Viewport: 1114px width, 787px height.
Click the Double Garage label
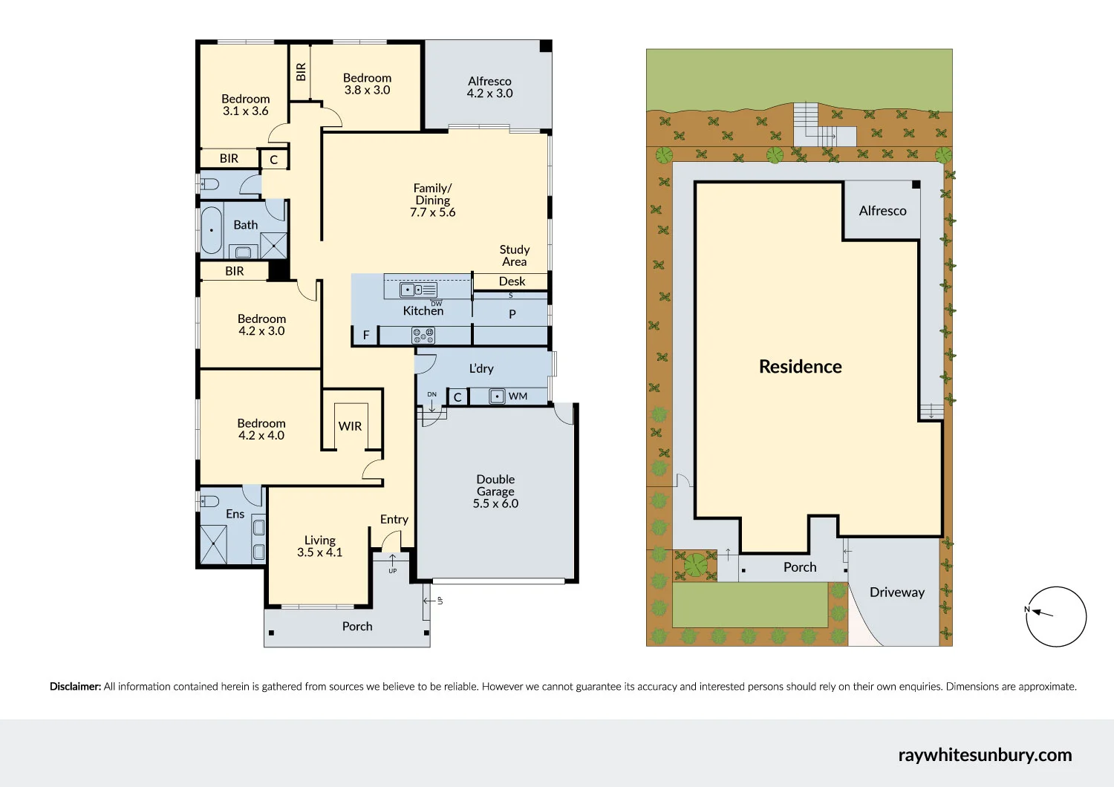[x=495, y=491]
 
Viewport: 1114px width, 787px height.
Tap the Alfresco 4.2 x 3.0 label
[x=489, y=87]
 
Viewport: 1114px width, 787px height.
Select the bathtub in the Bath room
[x=212, y=230]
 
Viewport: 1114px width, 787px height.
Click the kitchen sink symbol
[x=418, y=290]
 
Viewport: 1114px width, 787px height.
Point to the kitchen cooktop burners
[x=423, y=336]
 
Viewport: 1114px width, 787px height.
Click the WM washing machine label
[x=518, y=396]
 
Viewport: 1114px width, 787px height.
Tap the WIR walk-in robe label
[x=350, y=426]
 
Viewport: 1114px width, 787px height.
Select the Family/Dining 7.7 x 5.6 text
[x=432, y=200]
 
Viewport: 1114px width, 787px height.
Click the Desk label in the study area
[x=512, y=281]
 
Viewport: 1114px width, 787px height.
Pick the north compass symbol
[x=1055, y=616]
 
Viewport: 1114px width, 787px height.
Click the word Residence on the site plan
[x=800, y=367]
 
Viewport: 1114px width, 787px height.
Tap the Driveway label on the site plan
[x=896, y=592]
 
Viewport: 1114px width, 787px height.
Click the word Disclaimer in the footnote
[x=75, y=687]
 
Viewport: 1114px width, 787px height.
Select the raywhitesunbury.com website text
[x=985, y=755]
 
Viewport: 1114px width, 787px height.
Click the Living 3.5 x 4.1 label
[x=319, y=546]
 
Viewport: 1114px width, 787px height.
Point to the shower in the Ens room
[x=214, y=544]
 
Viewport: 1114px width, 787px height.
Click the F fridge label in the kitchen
[x=365, y=336]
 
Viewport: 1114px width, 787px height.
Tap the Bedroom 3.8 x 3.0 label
[x=367, y=84]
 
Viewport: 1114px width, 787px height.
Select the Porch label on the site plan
[x=799, y=567]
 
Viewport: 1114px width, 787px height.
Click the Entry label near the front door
[x=394, y=520]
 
